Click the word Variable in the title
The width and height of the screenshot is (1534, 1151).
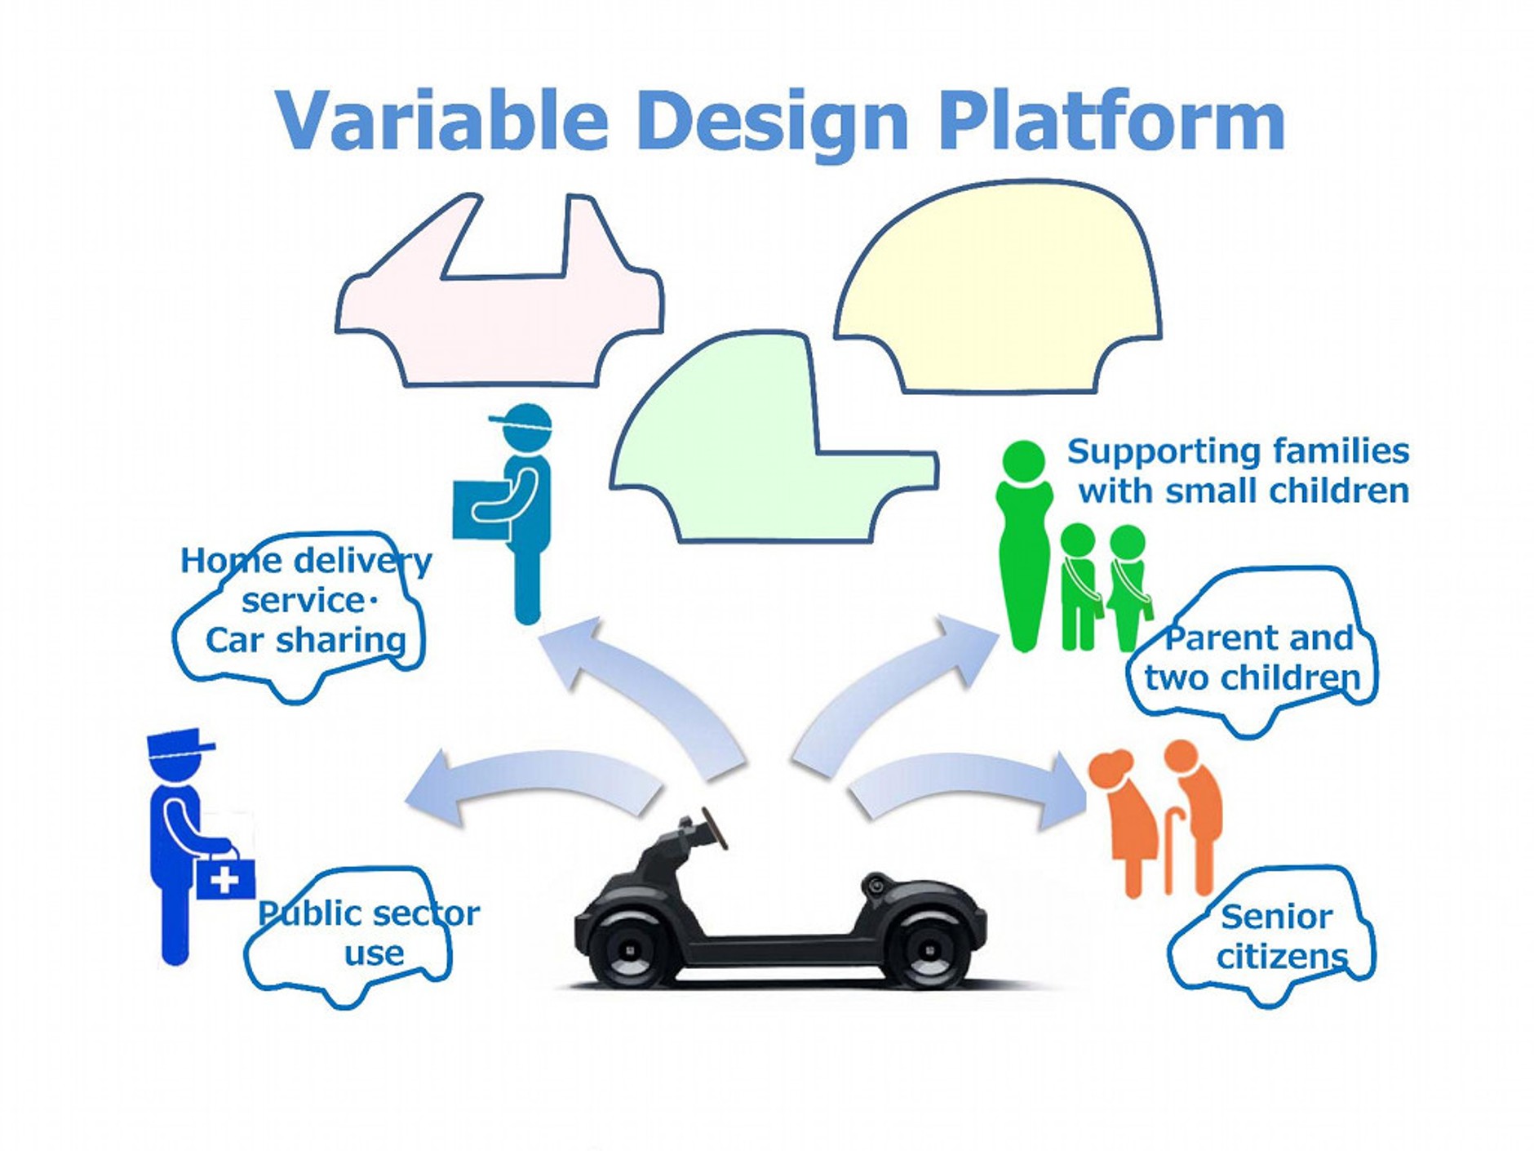(442, 121)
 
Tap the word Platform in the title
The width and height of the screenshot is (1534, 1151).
(1111, 121)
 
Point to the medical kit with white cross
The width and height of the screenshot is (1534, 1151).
(225, 875)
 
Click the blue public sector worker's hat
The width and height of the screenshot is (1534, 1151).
(180, 742)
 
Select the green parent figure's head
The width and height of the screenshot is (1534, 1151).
(1024, 462)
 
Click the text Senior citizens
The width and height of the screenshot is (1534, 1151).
(1278, 936)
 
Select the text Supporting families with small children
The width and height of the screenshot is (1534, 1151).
(1239, 471)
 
